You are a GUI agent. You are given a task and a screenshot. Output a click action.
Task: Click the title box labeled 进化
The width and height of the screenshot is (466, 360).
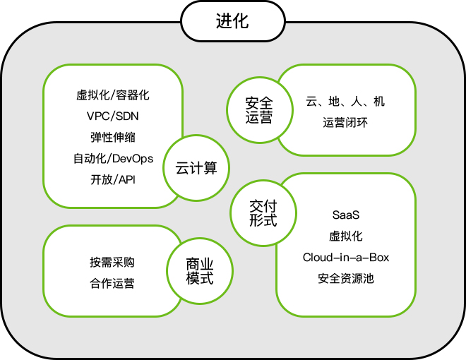click(232, 21)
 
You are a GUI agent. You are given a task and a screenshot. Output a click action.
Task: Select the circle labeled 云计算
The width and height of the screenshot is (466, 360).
click(196, 168)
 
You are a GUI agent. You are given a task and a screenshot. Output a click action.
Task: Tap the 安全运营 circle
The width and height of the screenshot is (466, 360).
click(259, 110)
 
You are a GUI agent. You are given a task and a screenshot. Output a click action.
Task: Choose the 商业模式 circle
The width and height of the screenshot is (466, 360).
click(199, 271)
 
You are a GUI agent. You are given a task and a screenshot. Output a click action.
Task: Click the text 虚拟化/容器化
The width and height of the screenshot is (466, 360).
click(112, 94)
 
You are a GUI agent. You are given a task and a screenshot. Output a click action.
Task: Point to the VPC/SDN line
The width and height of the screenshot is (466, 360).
click(112, 116)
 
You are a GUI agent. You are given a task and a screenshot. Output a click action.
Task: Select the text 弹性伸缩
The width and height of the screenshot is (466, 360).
click(112, 137)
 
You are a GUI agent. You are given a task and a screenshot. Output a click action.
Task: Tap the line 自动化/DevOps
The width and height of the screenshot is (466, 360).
click(112, 158)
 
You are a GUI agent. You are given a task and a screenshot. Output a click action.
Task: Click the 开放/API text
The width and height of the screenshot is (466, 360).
click(112, 179)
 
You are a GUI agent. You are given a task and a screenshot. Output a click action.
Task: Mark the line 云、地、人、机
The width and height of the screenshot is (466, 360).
click(346, 102)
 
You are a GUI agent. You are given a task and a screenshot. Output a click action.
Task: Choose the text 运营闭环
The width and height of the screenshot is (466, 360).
click(346, 123)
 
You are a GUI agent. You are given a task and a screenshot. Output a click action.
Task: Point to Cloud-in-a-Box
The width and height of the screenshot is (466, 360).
click(346, 257)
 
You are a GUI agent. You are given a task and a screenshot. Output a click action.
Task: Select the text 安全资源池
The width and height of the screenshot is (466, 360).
click(346, 278)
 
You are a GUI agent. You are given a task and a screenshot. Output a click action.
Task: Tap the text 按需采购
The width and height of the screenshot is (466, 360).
click(112, 263)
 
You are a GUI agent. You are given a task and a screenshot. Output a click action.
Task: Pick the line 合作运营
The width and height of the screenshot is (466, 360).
click(112, 284)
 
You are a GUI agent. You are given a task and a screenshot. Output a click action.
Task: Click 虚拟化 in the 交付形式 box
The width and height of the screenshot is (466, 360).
click(346, 236)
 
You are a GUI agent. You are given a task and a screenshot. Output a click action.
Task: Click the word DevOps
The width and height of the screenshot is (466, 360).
click(132, 158)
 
